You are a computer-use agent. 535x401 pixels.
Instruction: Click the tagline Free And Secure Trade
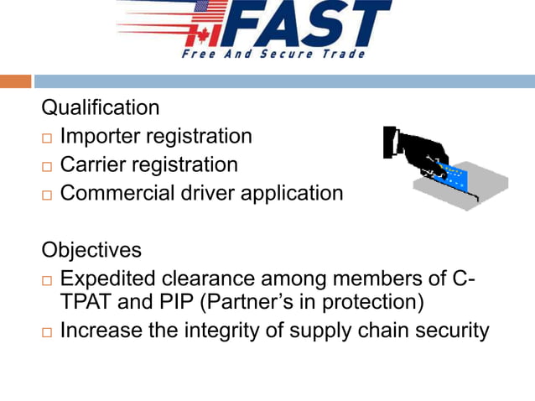273,55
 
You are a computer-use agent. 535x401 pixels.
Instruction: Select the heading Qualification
101,108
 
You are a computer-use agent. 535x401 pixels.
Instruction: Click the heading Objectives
91,250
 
